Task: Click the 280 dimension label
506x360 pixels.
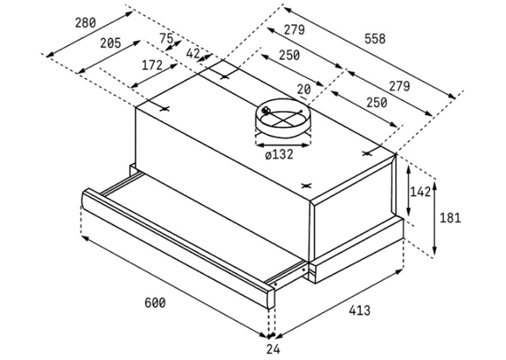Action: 85,23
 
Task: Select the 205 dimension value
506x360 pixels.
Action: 110,43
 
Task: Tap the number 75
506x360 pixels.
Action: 167,38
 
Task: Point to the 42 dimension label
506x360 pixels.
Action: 193,54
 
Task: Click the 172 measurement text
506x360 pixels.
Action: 153,65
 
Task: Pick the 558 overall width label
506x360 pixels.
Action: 375,39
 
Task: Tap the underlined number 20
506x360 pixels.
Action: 304,89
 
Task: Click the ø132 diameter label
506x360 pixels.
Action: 279,155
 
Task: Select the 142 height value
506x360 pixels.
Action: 420,192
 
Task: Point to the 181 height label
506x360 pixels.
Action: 451,218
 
